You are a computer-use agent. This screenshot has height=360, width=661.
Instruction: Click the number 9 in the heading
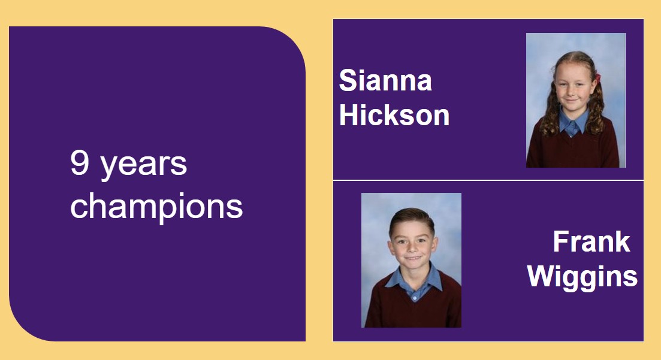(79, 162)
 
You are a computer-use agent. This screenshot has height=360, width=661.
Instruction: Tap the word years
(143, 166)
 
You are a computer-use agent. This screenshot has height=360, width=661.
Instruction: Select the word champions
(156, 206)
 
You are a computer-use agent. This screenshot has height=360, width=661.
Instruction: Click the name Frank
(591, 241)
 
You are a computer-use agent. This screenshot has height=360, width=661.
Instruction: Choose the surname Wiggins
(582, 278)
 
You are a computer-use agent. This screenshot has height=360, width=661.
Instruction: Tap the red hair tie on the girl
(597, 78)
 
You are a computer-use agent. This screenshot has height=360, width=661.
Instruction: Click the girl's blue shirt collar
(574, 123)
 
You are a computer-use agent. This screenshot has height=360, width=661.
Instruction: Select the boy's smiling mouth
(413, 257)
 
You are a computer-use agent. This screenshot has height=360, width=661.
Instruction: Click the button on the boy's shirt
(415, 298)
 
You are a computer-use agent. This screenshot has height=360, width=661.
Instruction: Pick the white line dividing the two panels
(488, 180)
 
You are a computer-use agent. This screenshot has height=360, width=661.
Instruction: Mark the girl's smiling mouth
(572, 100)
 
